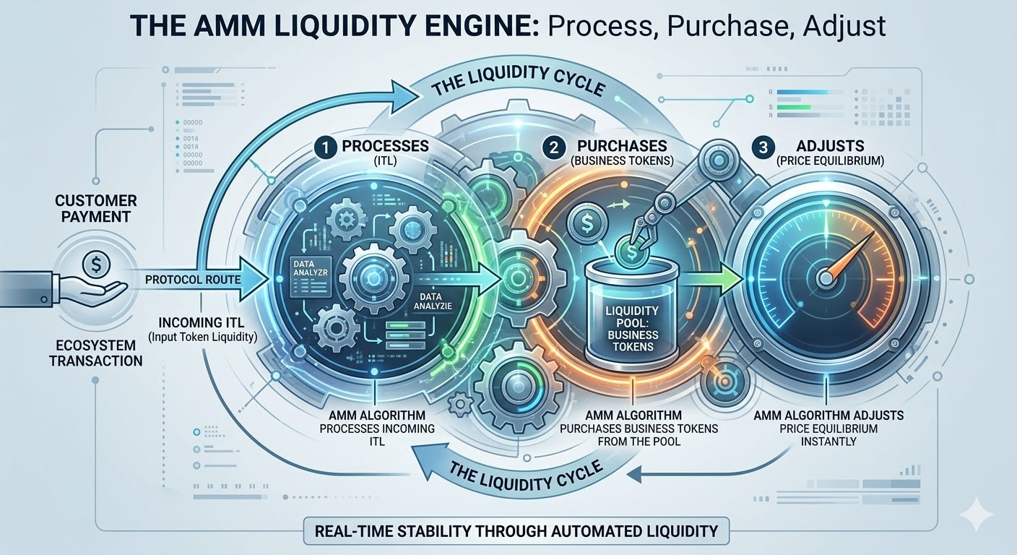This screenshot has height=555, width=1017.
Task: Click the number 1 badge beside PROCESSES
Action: point(324,147)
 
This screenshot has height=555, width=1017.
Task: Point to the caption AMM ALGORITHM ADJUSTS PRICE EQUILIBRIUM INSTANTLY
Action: point(828,428)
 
